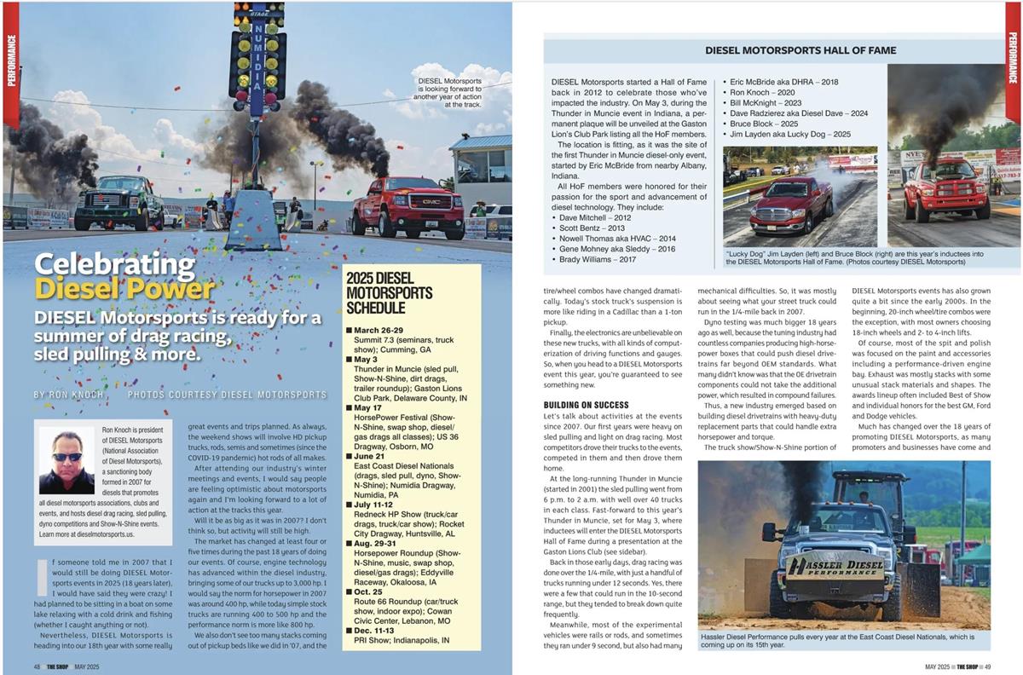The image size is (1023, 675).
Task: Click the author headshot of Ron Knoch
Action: coord(66,460)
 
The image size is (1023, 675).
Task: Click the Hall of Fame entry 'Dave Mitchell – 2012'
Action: coord(596,217)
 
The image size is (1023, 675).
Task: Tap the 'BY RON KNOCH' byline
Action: coord(68,395)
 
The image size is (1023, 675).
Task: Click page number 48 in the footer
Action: coord(38,666)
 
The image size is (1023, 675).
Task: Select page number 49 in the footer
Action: coord(985,666)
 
